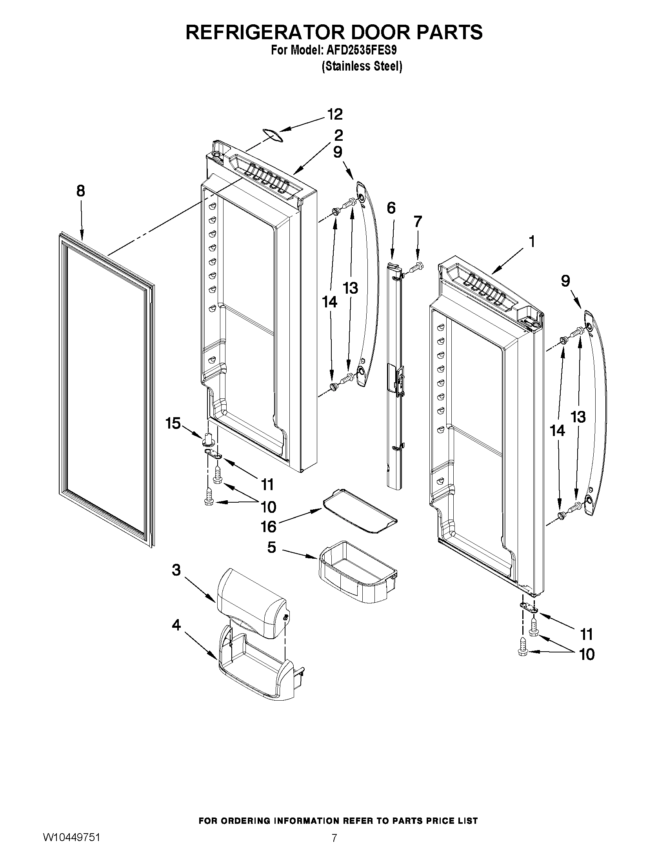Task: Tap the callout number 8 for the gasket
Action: point(80,191)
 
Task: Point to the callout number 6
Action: point(391,208)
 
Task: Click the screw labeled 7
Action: point(416,267)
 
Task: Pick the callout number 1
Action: point(532,241)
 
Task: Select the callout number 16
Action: point(269,526)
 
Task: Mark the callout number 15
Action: point(173,423)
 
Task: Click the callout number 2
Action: point(338,135)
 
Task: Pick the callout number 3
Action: point(176,570)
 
